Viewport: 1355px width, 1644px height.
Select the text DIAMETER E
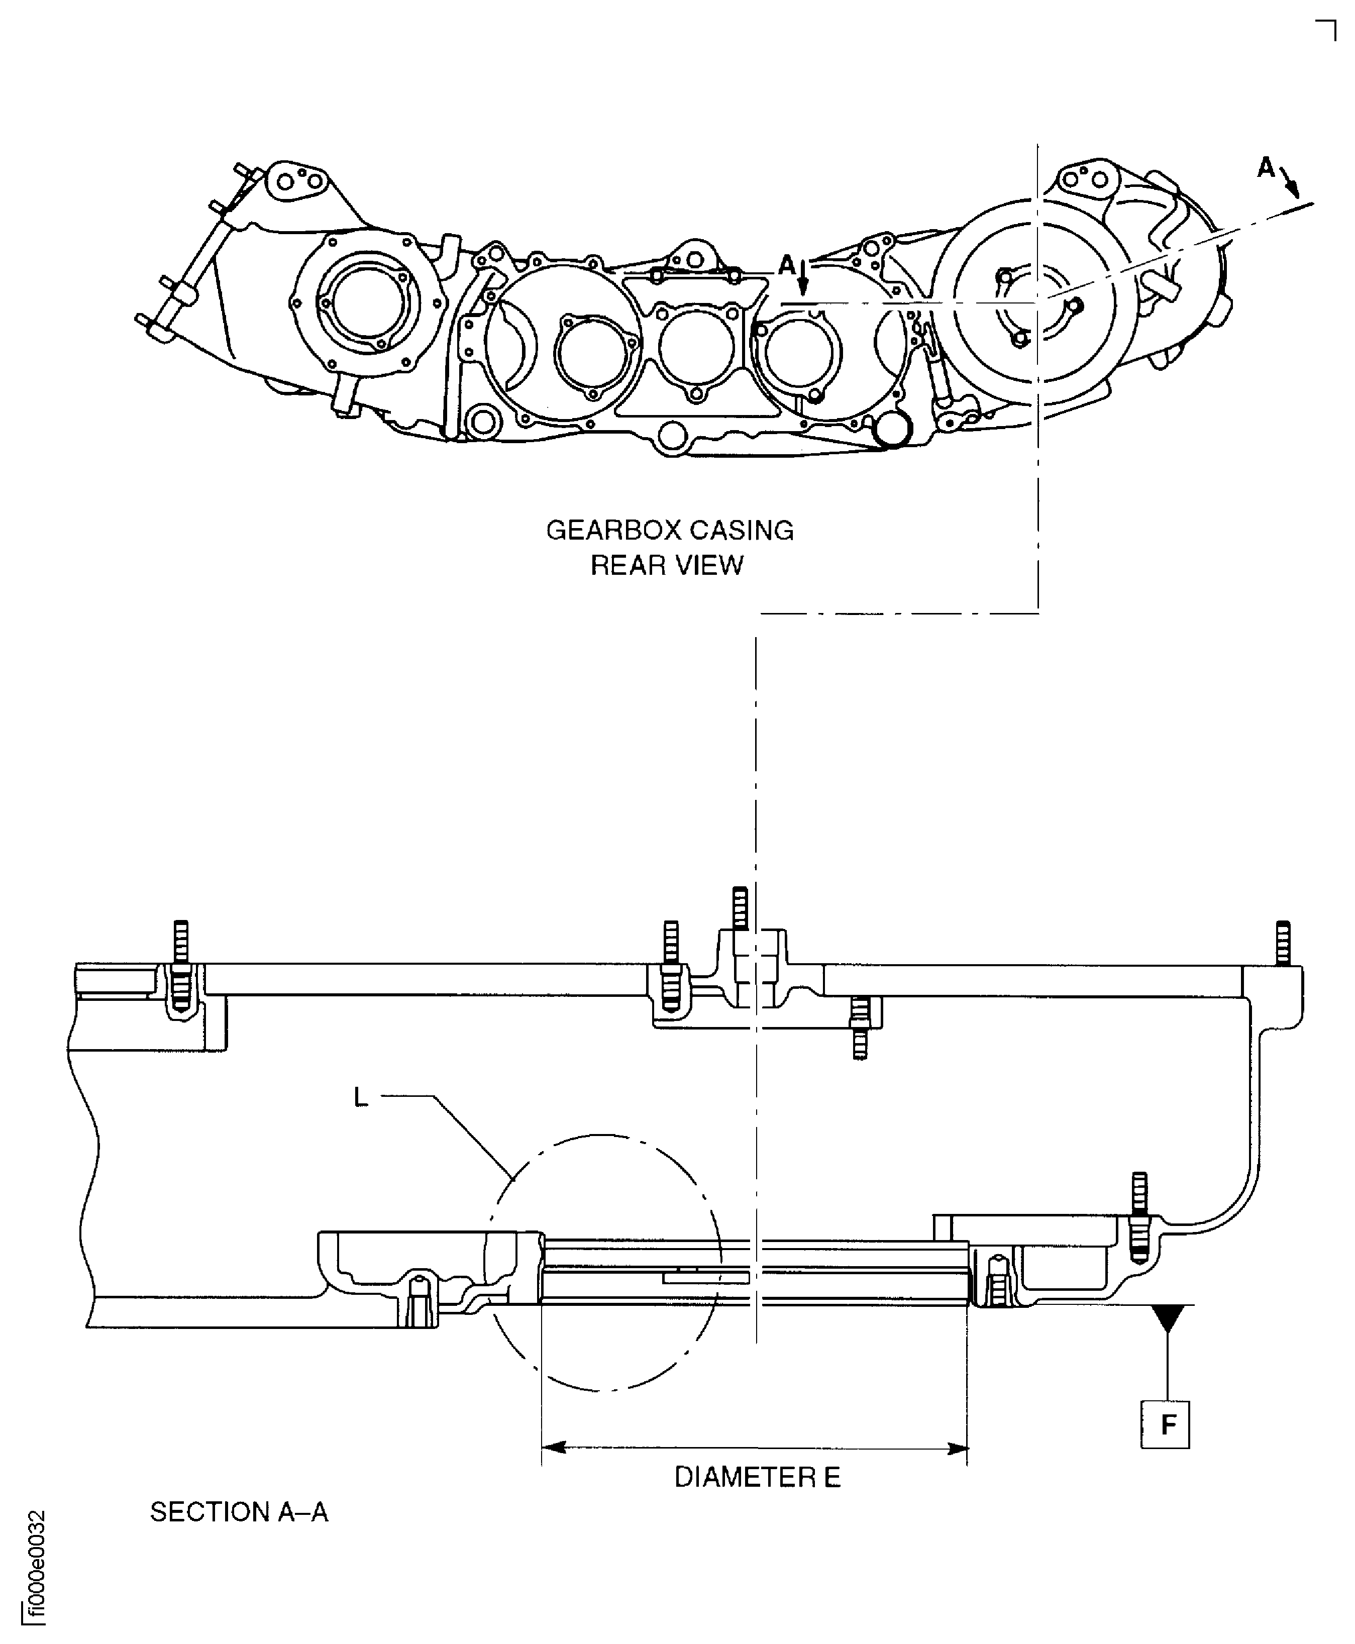point(757,1478)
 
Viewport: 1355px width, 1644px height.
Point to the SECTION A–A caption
point(239,1512)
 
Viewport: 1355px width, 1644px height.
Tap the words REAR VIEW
point(667,565)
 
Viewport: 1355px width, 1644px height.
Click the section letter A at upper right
point(1265,168)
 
